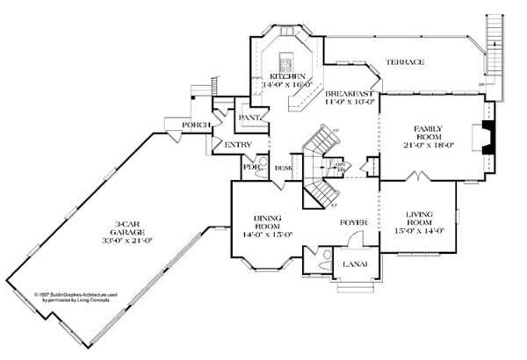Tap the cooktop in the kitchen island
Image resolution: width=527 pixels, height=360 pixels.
285,61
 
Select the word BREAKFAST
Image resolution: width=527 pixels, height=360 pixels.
350,92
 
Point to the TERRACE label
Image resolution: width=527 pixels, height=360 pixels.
403,62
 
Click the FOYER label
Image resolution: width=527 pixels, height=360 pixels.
354,223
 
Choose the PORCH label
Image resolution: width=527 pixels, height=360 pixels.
194,126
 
